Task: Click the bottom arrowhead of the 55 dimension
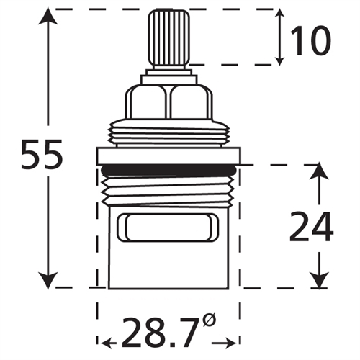[x=48, y=281]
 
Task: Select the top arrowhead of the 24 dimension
[x=317, y=171]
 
